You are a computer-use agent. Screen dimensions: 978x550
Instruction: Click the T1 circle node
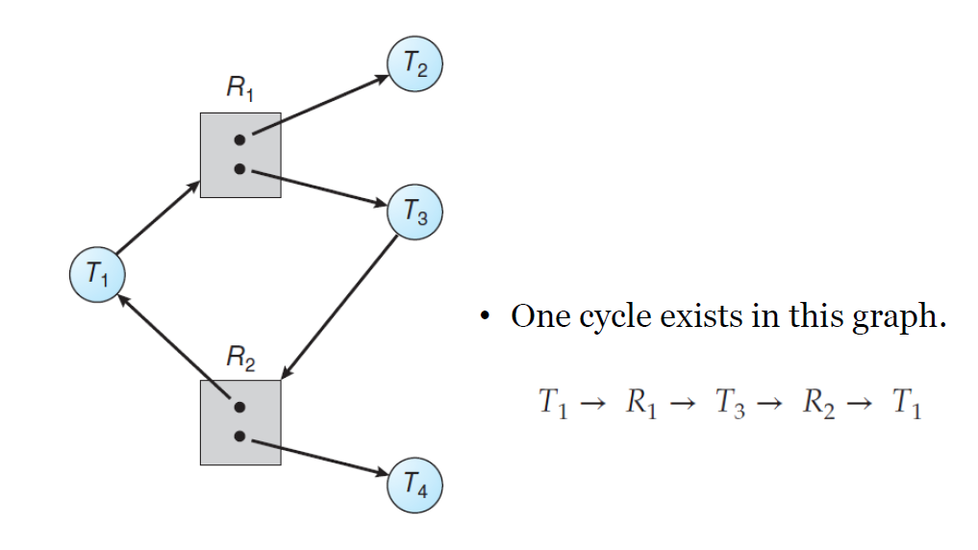[97, 274]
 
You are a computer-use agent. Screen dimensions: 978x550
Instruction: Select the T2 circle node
[414, 63]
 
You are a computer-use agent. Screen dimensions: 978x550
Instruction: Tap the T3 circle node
[414, 212]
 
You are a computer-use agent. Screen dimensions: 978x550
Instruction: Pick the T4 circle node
[414, 485]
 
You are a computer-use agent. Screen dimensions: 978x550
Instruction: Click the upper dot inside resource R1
[239, 139]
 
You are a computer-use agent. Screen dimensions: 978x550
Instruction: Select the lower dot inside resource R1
[239, 169]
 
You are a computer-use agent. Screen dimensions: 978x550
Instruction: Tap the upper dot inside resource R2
[239, 407]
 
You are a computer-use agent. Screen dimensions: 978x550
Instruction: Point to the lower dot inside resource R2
[239, 437]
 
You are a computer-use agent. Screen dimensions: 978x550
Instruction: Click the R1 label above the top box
[240, 87]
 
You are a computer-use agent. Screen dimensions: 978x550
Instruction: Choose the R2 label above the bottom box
[240, 358]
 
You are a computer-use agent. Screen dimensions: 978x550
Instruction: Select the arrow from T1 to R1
[158, 217]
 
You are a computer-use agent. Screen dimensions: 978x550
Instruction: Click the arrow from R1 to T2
[320, 105]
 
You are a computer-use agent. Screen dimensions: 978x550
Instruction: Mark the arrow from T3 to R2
[339, 307]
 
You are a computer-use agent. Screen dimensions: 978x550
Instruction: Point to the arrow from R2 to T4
[320, 458]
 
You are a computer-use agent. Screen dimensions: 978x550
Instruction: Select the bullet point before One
[486, 316]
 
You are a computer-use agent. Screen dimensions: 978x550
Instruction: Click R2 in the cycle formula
[818, 403]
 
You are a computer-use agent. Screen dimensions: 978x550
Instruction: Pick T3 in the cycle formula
[731, 403]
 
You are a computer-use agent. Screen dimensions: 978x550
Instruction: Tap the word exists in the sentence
[701, 315]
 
